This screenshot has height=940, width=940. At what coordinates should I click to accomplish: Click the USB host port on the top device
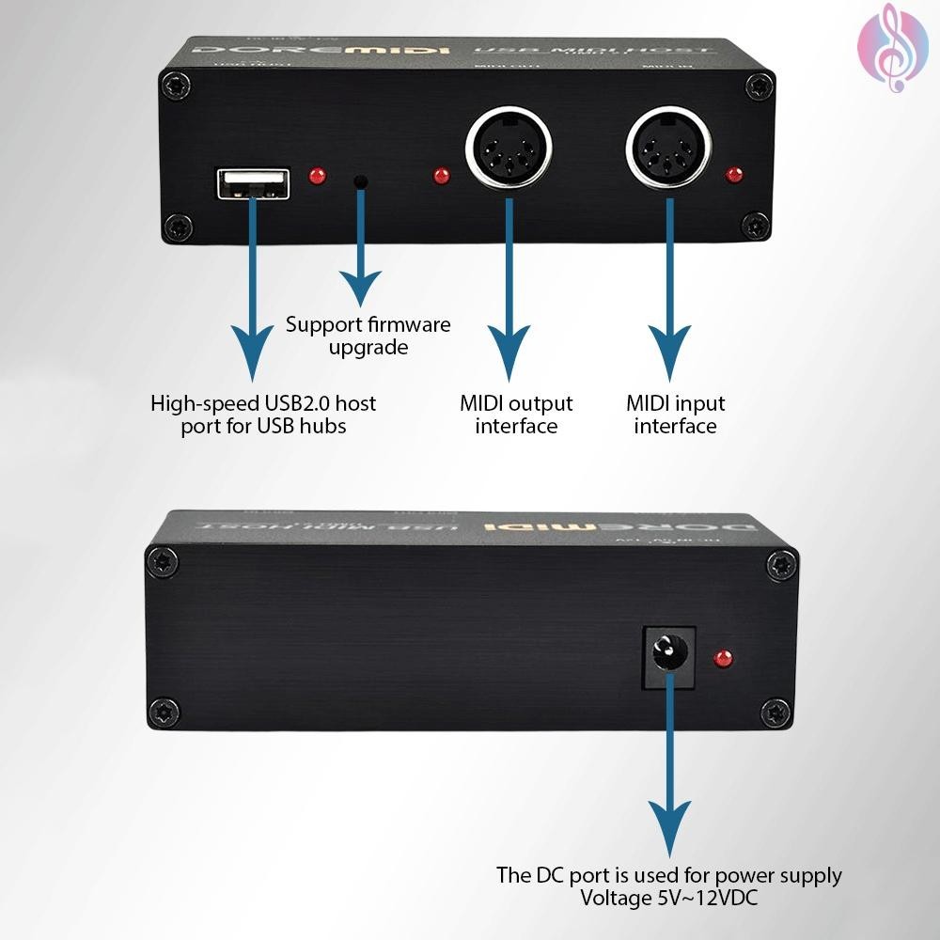pos(252,182)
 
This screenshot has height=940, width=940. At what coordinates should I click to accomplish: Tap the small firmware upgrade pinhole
pos(360,180)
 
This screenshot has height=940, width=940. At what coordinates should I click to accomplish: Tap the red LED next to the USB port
pos(318,176)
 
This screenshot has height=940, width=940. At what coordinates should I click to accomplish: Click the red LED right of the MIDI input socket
pos(735,175)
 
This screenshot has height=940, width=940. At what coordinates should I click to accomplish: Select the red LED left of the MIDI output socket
pos(440,176)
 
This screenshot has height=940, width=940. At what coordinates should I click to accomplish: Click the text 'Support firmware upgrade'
pos(368,336)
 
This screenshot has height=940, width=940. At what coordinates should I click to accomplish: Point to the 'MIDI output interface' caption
pos(516,415)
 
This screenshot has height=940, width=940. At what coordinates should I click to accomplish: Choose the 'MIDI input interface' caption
pos(675,415)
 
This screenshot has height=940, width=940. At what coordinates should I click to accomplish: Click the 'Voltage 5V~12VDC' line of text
pos(669,898)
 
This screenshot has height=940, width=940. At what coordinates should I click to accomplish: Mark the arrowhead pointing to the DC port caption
pos(668,827)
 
